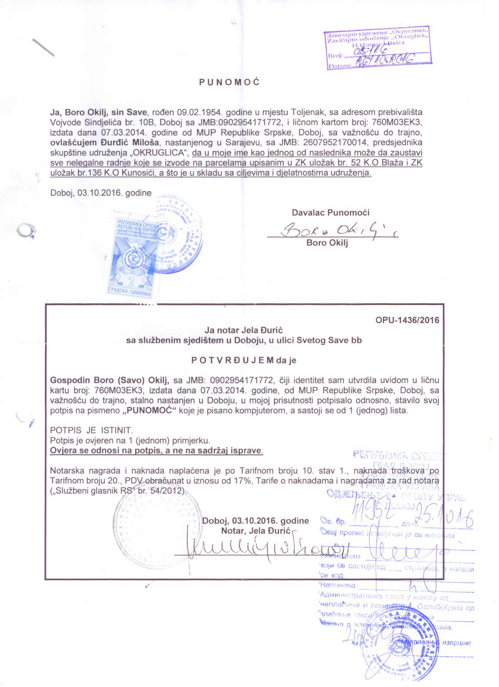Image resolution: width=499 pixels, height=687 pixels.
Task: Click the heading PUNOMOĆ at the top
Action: click(x=229, y=82)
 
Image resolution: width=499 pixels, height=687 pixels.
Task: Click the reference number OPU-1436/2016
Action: click(x=407, y=320)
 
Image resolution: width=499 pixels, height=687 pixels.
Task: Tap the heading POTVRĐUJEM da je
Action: click(x=244, y=361)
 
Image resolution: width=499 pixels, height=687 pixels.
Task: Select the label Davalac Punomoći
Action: click(x=331, y=213)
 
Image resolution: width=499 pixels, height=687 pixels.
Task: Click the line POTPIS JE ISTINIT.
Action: click(x=91, y=430)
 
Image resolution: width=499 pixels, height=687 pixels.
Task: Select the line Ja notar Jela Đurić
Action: click(x=244, y=330)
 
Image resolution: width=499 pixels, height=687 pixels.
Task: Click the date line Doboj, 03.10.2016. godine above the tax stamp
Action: click(x=101, y=193)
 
